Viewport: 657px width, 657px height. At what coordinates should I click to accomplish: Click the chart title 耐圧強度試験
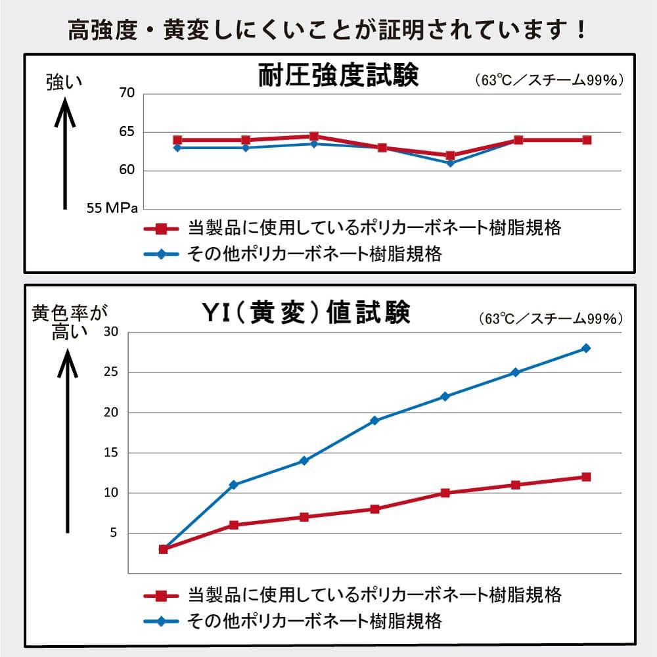click(x=338, y=76)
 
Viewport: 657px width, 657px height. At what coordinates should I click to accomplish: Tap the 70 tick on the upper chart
click(x=127, y=93)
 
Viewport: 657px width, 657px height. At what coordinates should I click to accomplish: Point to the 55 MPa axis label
click(x=112, y=208)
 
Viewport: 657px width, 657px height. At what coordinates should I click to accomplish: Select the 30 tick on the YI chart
click(x=110, y=332)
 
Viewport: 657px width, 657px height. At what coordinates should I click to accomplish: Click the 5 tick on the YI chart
click(x=113, y=533)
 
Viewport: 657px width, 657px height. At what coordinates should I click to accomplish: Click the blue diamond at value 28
click(x=585, y=348)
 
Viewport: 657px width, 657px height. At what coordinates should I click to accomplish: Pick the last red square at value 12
click(x=585, y=477)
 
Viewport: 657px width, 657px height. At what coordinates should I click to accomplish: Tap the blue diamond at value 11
click(x=233, y=485)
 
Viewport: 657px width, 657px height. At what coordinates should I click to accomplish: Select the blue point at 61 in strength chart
click(x=450, y=163)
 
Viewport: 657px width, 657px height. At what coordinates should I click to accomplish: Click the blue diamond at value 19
click(x=374, y=420)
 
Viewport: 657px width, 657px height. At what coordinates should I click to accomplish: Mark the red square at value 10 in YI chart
click(x=445, y=493)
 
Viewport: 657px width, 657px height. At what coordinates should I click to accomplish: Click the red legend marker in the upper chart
click(x=161, y=229)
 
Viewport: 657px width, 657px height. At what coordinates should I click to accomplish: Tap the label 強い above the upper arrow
click(x=64, y=82)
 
